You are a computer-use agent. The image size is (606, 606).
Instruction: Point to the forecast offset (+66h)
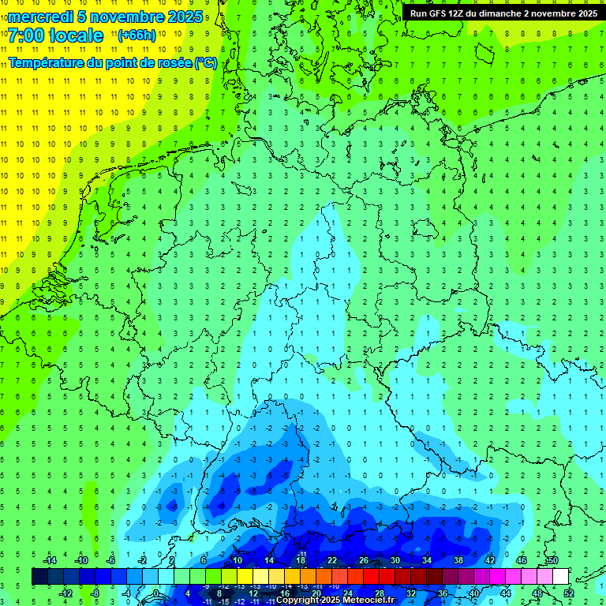137,36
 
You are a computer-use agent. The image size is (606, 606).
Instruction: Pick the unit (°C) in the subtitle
206,62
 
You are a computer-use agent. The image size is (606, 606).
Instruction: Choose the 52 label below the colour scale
568,593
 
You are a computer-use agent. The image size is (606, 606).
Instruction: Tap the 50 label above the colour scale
552,560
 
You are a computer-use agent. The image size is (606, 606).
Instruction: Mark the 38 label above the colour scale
458,560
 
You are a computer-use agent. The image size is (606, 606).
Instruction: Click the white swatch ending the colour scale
560,576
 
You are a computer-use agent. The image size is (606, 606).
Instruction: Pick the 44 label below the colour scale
505,593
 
